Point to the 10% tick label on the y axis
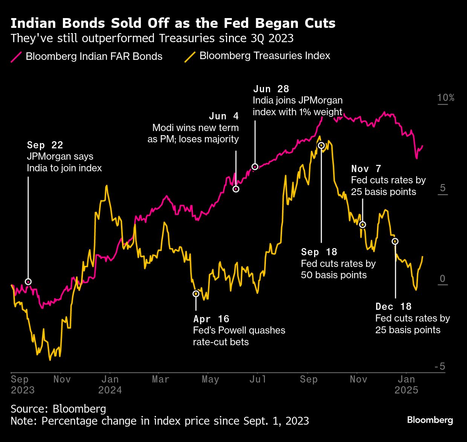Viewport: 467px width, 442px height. pyautogui.click(x=446, y=98)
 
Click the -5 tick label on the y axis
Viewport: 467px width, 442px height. pyautogui.click(x=440, y=366)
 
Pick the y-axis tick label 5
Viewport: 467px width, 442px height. pyautogui.click(x=443, y=188)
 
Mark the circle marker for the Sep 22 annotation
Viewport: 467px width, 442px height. pyautogui.click(x=28, y=282)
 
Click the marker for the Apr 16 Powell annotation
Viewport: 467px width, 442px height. pyautogui.click(x=196, y=294)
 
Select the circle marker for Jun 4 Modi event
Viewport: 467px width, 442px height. pyautogui.click(x=236, y=189)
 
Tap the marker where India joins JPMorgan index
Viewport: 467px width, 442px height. pyautogui.click(x=255, y=166)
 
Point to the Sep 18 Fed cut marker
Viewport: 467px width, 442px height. pyautogui.click(x=321, y=145)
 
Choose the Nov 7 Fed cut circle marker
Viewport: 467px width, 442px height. pyautogui.click(x=363, y=224)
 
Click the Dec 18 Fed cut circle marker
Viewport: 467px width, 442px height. pyautogui.click(x=395, y=241)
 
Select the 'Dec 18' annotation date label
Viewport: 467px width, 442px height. pyautogui.click(x=393, y=306)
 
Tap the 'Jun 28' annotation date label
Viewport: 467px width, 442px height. pyautogui.click(x=271, y=89)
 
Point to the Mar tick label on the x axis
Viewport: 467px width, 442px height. pyautogui.click(x=160, y=379)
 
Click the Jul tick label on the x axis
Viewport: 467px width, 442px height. pyautogui.click(x=258, y=379)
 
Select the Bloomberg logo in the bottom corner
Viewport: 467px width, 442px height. pyautogui.click(x=430, y=420)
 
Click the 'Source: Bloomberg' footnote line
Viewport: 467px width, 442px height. pyautogui.click(x=58, y=408)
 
